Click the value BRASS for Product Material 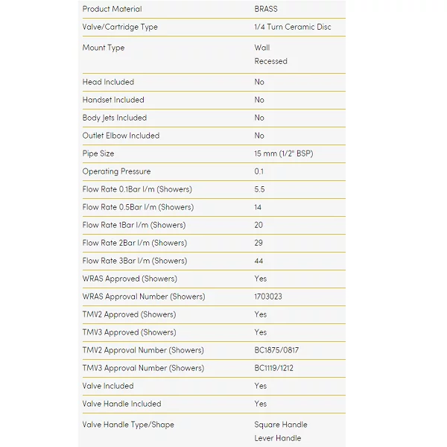tap(266, 9)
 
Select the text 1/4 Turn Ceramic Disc tap(293, 27)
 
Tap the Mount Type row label tap(104, 48)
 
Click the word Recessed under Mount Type tap(270, 61)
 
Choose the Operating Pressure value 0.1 tap(259, 171)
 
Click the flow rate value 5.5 tap(259, 189)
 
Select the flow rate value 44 tap(259, 261)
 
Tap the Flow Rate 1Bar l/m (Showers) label tap(134, 225)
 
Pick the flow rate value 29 tap(259, 243)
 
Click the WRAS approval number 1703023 tap(268, 297)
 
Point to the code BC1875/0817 tap(277, 350)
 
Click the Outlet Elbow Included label tap(121, 136)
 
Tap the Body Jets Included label tap(115, 118)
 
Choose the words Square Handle tap(280, 425)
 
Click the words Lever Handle tap(277, 438)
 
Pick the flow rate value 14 tap(259, 207)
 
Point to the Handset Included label tap(113, 100)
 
